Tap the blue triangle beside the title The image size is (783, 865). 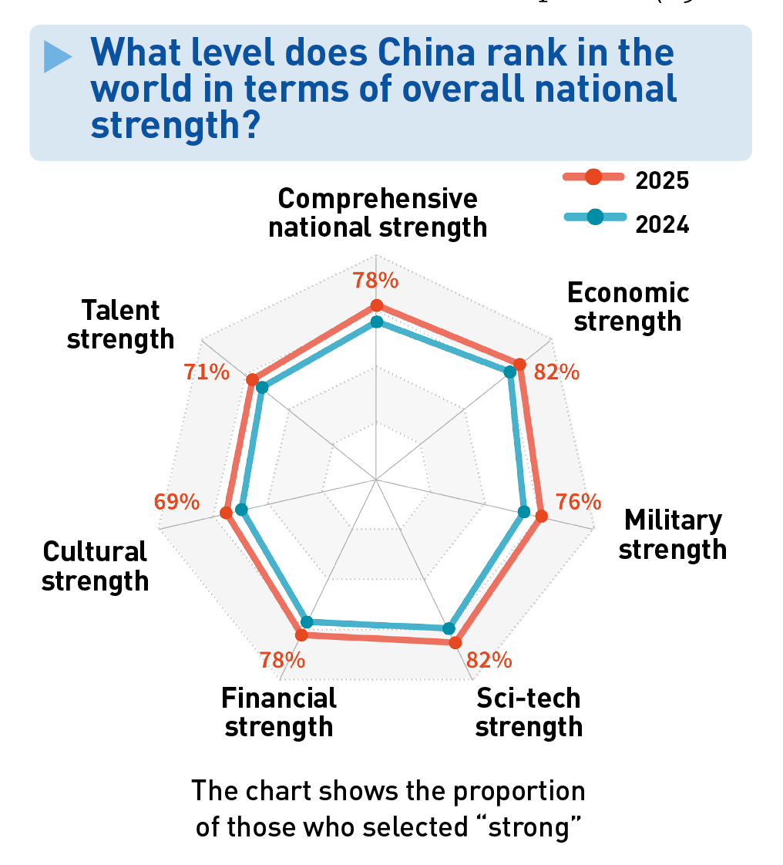(58, 56)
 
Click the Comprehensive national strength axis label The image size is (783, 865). (378, 213)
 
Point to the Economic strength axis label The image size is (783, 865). (628, 306)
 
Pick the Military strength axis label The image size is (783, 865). (673, 534)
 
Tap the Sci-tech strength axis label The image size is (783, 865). (529, 712)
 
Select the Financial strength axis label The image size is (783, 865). (279, 712)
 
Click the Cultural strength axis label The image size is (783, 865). (95, 565)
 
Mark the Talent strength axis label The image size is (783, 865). (121, 324)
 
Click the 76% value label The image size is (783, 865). (578, 501)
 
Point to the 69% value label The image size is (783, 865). (177, 502)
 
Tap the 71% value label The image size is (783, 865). (207, 372)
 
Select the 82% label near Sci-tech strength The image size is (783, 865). (489, 660)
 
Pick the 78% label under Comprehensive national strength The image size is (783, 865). (375, 280)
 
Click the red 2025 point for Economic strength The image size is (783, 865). (519, 365)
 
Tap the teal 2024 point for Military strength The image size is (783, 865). (524, 511)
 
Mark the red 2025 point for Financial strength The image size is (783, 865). (301, 635)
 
